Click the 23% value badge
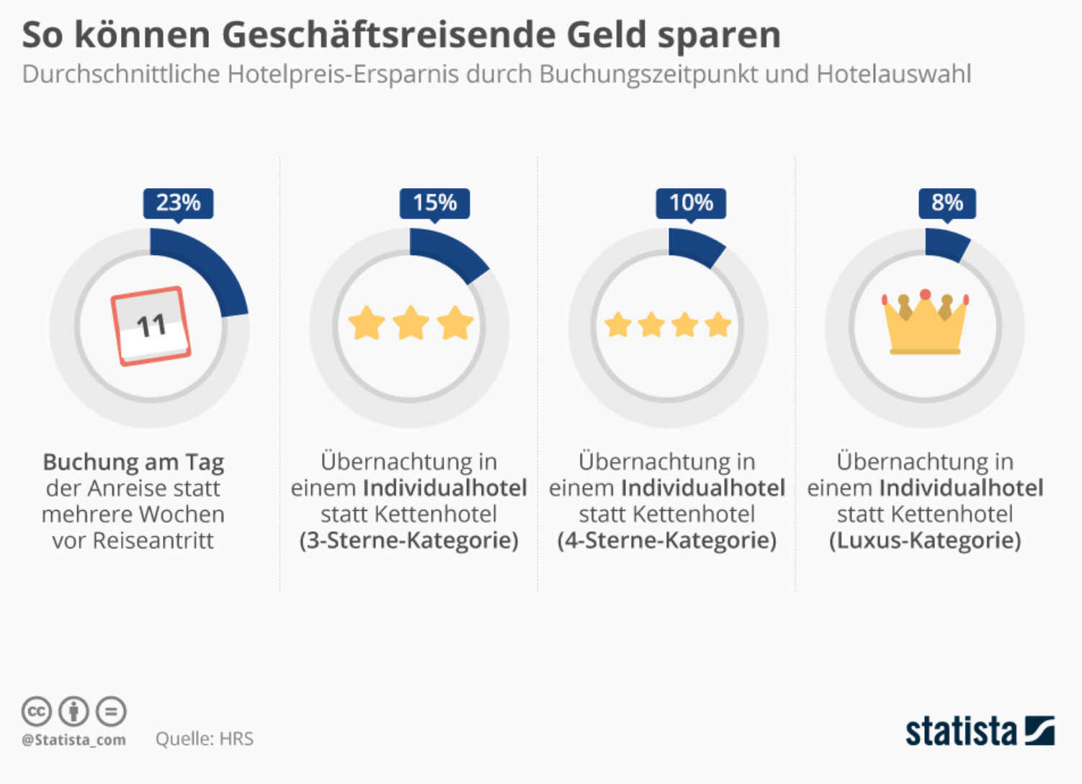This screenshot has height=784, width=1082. pyautogui.click(x=178, y=203)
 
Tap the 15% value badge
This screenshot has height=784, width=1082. pyautogui.click(x=434, y=203)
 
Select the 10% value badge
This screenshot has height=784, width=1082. pyautogui.click(x=691, y=203)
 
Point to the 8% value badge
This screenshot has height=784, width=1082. pyautogui.click(x=947, y=203)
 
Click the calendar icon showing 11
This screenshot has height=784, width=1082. pyautogui.click(x=151, y=326)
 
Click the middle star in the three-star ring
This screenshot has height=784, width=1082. pyautogui.click(x=411, y=323)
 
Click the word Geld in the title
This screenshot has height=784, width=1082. pyautogui.click(x=606, y=35)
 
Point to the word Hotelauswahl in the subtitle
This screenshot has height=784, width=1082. pyautogui.click(x=894, y=74)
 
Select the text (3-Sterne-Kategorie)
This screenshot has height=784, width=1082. pyautogui.click(x=408, y=540)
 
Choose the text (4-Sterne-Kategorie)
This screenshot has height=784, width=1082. pyautogui.click(x=666, y=540)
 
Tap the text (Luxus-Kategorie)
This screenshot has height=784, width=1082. pyautogui.click(x=925, y=540)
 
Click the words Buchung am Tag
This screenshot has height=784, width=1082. pyautogui.click(x=133, y=462)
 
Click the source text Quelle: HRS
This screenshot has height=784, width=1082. pyautogui.click(x=205, y=739)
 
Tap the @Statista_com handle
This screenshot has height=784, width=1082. pyautogui.click(x=73, y=740)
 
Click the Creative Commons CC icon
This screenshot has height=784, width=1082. pyautogui.click(x=36, y=711)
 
